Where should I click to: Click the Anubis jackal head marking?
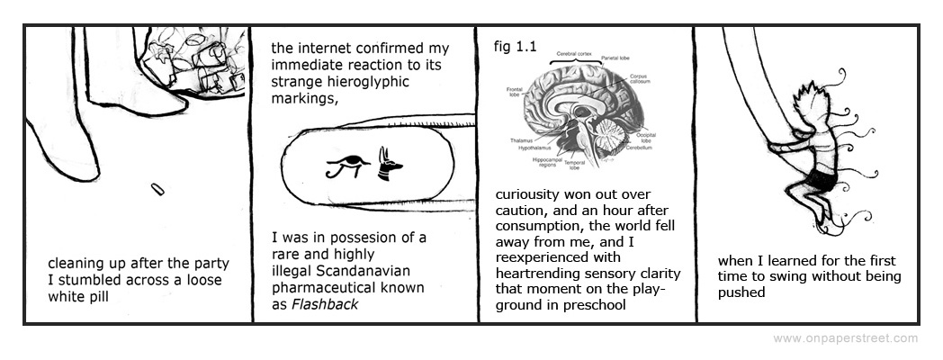pyautogui.click(x=390, y=163)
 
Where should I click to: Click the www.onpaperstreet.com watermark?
pyautogui.click(x=845, y=338)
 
